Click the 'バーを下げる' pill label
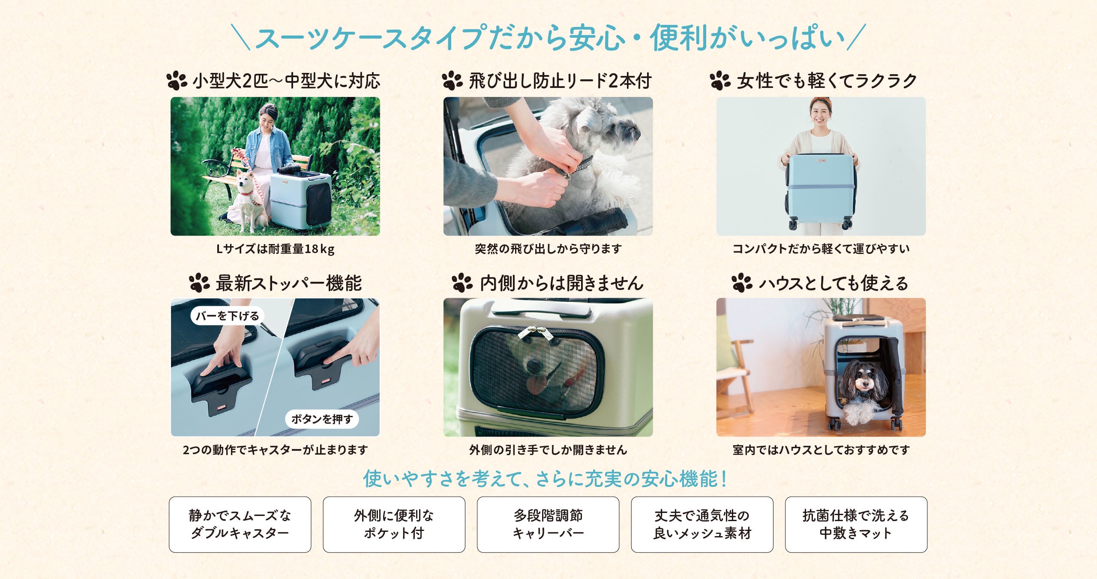click(x=227, y=316)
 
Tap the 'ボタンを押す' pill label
click(x=322, y=419)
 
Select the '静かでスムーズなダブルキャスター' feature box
click(x=240, y=525)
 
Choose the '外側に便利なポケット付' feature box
click(x=394, y=525)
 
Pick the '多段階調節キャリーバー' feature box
click(x=548, y=525)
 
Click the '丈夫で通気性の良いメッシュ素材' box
click(x=702, y=525)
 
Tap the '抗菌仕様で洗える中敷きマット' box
click(x=856, y=525)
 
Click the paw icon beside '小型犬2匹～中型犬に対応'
click(x=177, y=81)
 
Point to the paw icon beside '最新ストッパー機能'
click(x=199, y=283)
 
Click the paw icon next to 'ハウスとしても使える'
click(x=742, y=283)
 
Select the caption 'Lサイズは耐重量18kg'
click(x=275, y=249)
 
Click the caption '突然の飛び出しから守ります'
click(x=548, y=249)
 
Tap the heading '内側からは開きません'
click(x=562, y=283)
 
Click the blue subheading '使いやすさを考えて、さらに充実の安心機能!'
click(x=545, y=478)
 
